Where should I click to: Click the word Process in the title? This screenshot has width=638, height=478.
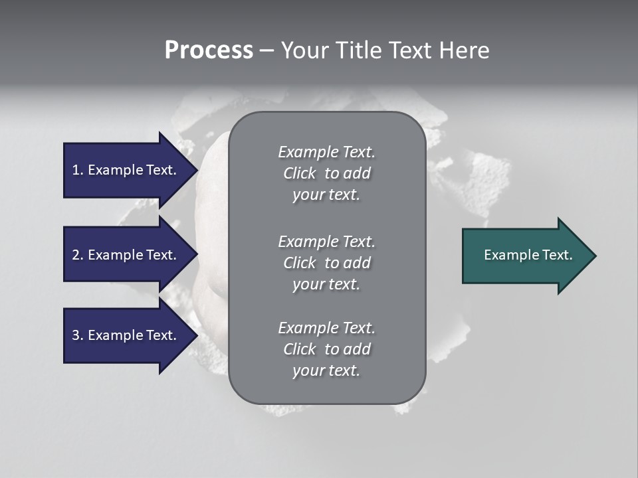click(209, 50)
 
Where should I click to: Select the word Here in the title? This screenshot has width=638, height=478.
click(465, 50)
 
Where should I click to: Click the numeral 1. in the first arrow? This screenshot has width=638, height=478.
click(78, 170)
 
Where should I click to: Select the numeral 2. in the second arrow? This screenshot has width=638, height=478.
click(78, 255)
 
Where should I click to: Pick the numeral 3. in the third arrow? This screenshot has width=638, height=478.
click(78, 335)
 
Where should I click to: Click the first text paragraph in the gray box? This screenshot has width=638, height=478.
click(326, 173)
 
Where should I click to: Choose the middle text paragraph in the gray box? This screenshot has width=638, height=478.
click(326, 263)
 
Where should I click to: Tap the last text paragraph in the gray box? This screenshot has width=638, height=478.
click(326, 349)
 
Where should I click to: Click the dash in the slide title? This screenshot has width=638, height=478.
click(266, 50)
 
